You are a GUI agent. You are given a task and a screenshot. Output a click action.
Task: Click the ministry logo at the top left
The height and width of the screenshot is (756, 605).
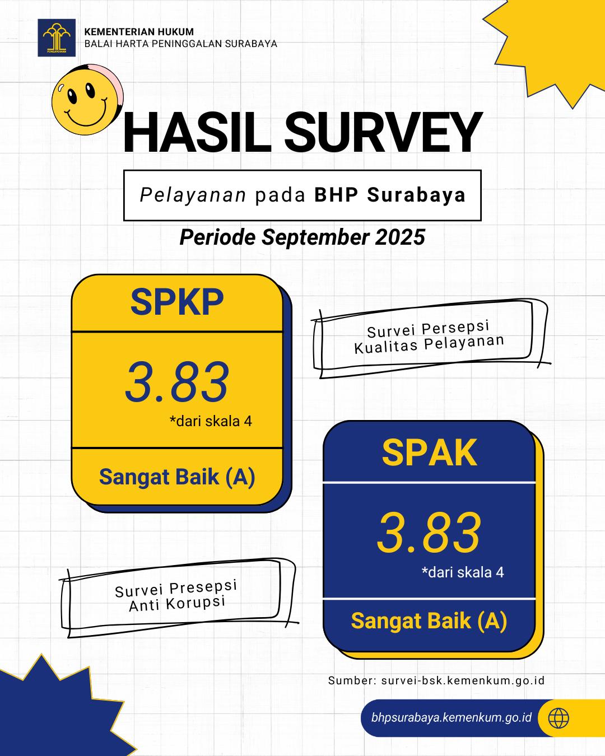point(57,38)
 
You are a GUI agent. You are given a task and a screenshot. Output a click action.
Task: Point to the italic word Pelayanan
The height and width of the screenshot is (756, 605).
point(193,195)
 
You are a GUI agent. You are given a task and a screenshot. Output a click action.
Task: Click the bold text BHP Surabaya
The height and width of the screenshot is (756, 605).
point(390,195)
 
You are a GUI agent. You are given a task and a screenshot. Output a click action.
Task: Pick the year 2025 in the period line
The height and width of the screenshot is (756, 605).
point(400,237)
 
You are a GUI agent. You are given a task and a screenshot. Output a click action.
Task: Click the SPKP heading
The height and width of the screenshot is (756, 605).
point(177,302)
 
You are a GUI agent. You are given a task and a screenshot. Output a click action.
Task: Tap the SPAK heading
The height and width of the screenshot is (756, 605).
point(429,452)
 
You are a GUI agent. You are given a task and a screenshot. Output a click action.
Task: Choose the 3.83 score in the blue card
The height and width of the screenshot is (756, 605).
point(429,533)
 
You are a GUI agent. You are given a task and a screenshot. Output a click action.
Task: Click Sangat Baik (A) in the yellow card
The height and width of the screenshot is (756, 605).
point(177,477)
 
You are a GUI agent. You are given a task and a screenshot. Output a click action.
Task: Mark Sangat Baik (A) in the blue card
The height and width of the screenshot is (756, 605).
point(429,621)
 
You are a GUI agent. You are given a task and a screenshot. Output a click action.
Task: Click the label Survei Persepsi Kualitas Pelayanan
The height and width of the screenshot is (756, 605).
point(429,337)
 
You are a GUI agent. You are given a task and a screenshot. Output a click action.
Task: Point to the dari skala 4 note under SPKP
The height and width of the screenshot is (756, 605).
point(211,421)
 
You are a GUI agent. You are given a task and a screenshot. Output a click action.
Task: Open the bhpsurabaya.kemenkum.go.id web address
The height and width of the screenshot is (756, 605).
point(451,717)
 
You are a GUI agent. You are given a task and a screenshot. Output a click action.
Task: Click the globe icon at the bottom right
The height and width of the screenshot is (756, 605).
point(559,717)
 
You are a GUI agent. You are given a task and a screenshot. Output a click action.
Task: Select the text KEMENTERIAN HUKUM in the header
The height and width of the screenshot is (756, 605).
point(139,32)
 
